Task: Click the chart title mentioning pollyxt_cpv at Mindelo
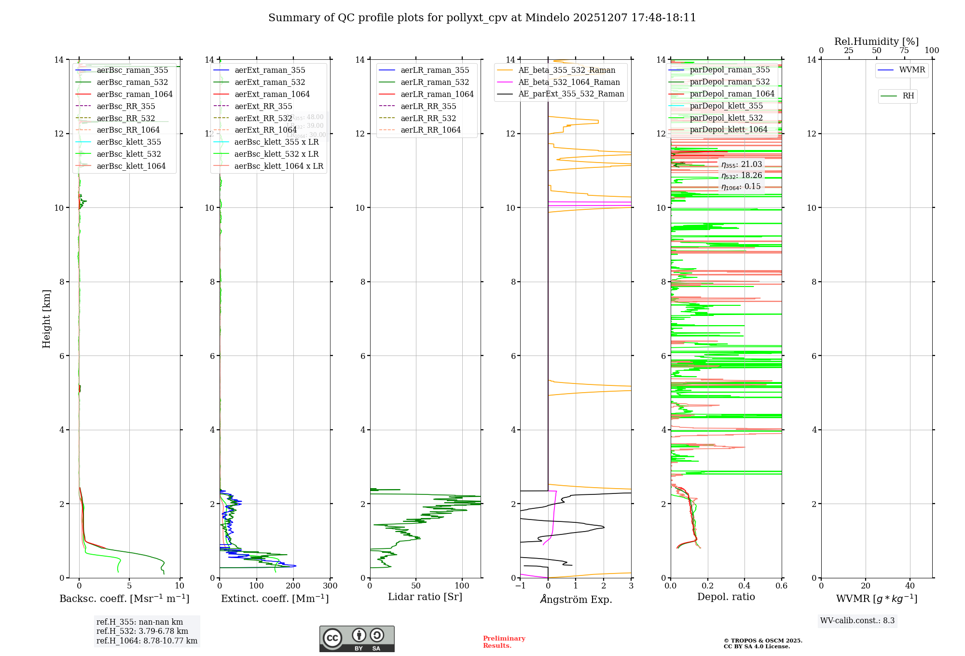[x=482, y=18]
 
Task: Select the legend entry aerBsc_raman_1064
[x=135, y=94]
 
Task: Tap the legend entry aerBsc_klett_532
[x=129, y=154]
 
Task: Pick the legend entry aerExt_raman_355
[x=270, y=70]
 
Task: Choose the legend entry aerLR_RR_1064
[x=430, y=130]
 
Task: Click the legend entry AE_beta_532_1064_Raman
[x=569, y=82]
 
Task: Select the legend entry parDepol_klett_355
[x=726, y=106]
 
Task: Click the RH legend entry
[x=908, y=96]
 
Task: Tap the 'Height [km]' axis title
[x=46, y=318]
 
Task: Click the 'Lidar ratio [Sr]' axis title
[x=425, y=597]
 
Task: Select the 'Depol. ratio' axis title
[x=726, y=597]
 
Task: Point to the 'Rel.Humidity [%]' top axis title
[x=876, y=41]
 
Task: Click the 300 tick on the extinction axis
[x=330, y=586]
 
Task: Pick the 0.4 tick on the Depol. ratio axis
[x=744, y=586]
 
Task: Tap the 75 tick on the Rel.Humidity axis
[x=904, y=51]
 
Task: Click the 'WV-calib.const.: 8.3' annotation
[x=857, y=620]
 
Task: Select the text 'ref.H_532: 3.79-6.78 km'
[x=142, y=631]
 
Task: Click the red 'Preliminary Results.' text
[x=504, y=642]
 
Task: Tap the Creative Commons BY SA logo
[x=357, y=639]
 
